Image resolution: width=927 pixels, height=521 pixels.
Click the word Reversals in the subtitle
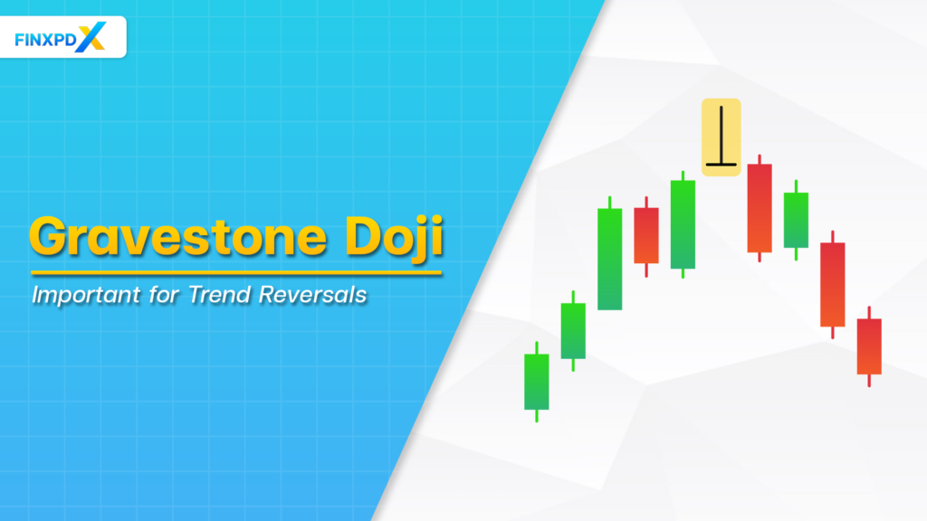click(319, 295)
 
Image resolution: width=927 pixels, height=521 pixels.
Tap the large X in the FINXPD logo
click(92, 37)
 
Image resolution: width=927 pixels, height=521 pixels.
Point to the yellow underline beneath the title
click(235, 272)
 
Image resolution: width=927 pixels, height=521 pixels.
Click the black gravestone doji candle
click(722, 137)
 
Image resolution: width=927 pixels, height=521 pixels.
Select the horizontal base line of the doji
click(722, 165)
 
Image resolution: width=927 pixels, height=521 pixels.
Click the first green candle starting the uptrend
click(537, 381)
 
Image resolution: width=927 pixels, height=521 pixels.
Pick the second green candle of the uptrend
click(573, 330)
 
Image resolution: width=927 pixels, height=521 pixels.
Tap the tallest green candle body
click(609, 259)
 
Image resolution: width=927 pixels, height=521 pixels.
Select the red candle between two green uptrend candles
click(645, 235)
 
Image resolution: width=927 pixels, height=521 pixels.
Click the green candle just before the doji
click(683, 224)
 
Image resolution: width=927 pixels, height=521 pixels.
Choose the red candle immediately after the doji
click(760, 208)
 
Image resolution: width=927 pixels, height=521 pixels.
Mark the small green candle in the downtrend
click(796, 220)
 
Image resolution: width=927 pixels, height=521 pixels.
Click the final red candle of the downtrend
click(869, 346)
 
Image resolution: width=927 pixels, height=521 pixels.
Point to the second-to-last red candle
click(832, 284)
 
